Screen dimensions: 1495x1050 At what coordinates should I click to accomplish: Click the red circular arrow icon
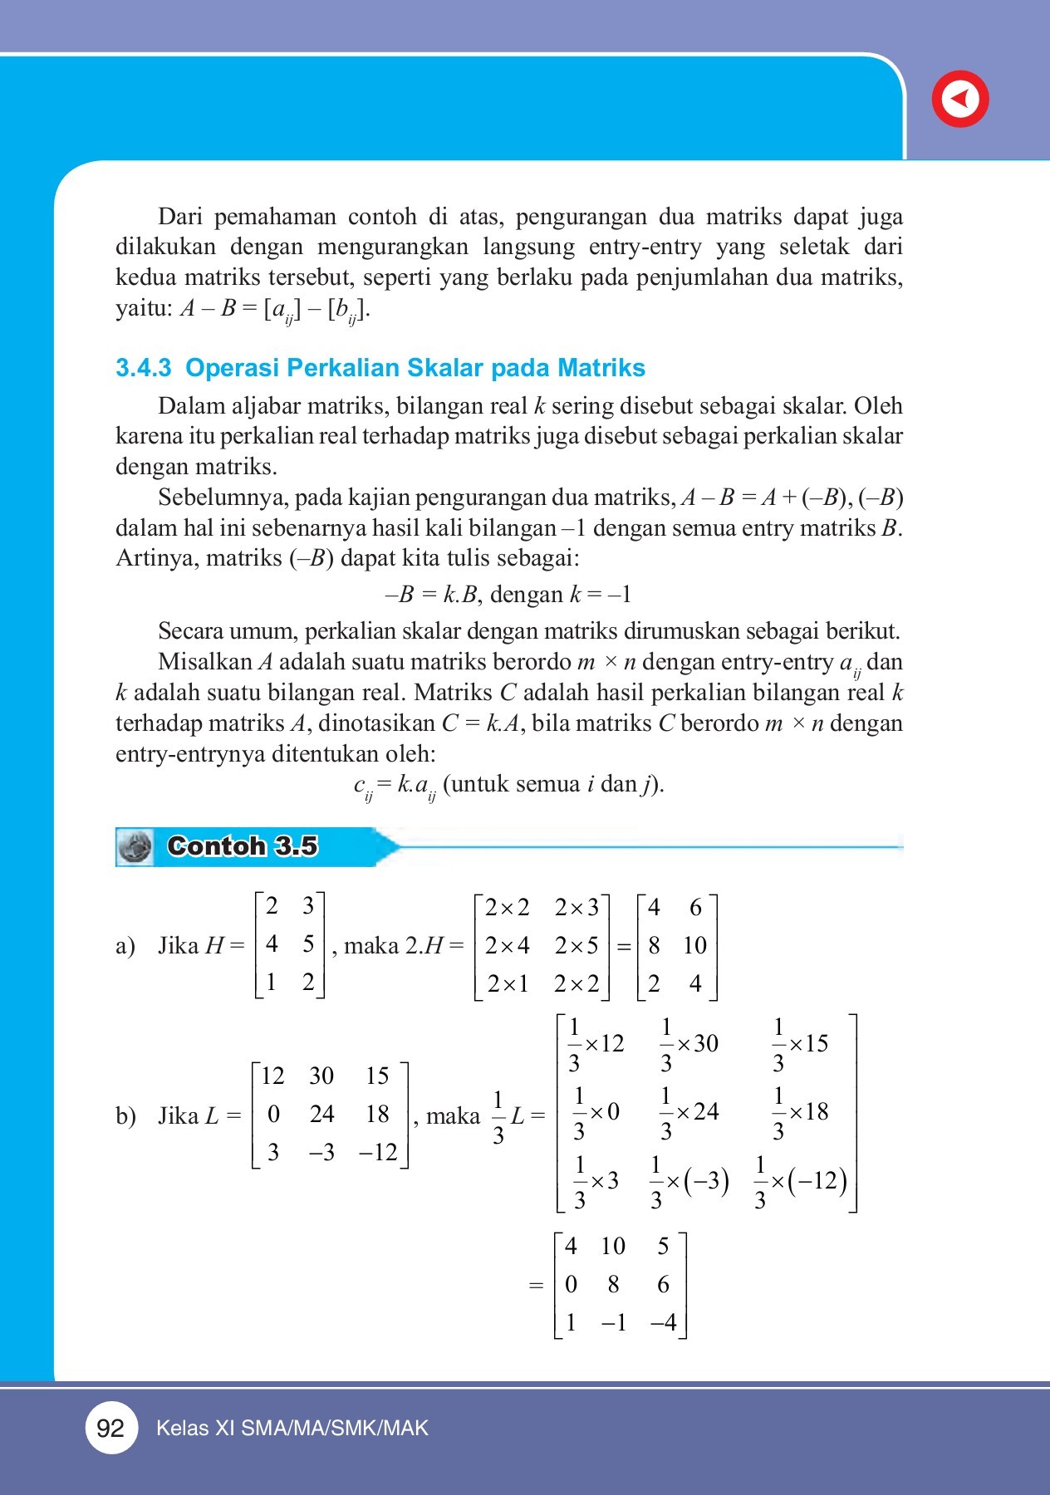click(x=960, y=99)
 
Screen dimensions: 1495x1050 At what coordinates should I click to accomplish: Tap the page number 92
click(x=110, y=1428)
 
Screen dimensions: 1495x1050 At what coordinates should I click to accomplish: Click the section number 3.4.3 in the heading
click(x=143, y=368)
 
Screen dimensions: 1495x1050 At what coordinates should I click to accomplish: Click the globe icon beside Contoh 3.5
click(x=135, y=847)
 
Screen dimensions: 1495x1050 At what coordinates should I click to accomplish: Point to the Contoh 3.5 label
click(x=242, y=846)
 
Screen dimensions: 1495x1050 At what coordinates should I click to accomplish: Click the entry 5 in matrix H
click(x=308, y=944)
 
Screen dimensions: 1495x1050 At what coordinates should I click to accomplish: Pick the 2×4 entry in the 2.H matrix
click(x=507, y=946)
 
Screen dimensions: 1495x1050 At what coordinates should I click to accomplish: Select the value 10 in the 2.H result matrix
click(x=694, y=946)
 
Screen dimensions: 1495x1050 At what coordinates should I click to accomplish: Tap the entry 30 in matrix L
click(x=321, y=1076)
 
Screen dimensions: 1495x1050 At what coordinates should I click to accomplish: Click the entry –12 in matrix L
click(x=378, y=1153)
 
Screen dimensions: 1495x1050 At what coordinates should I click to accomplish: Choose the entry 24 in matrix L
click(x=321, y=1115)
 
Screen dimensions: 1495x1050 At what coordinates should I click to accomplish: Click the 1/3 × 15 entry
click(x=801, y=1045)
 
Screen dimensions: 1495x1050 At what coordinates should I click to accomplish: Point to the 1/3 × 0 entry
click(x=596, y=1113)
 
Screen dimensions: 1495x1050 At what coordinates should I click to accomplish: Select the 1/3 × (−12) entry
click(x=800, y=1182)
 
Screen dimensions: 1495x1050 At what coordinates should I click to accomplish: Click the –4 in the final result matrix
click(x=664, y=1322)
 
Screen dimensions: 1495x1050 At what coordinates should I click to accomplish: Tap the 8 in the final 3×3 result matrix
click(x=613, y=1285)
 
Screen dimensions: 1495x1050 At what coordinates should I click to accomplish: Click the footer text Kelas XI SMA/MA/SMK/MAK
click(x=292, y=1429)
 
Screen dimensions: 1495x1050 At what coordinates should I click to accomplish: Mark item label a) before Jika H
click(x=125, y=946)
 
